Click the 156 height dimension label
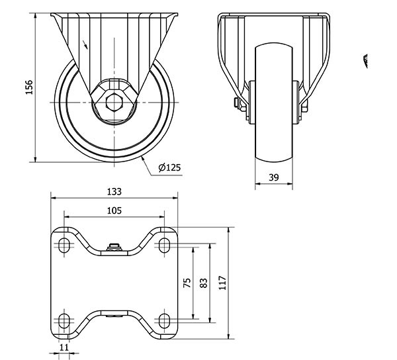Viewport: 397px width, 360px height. tap(29, 87)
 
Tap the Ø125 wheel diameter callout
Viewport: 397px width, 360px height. tap(169, 167)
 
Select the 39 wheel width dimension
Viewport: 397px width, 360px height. tap(274, 177)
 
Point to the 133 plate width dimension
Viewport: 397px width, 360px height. tap(114, 192)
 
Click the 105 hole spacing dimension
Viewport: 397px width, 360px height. tap(114, 210)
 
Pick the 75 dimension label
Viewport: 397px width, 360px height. tap(187, 283)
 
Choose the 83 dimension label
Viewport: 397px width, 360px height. tap(204, 283)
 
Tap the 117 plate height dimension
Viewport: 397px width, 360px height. tap(222, 283)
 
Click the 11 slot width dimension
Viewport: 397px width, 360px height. tap(64, 347)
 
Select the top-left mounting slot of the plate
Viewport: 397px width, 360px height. tap(64, 245)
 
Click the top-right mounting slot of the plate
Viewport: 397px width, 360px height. tap(164, 245)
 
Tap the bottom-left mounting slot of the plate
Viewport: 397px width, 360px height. tap(64, 321)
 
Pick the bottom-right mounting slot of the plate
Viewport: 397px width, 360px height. tap(164, 321)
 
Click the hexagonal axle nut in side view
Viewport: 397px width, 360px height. tap(114, 103)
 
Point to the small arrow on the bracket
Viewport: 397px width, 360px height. tap(85, 44)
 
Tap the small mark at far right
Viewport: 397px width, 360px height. tap(365, 61)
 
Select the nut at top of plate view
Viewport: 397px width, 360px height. tap(114, 247)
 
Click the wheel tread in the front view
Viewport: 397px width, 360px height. tap(274, 102)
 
